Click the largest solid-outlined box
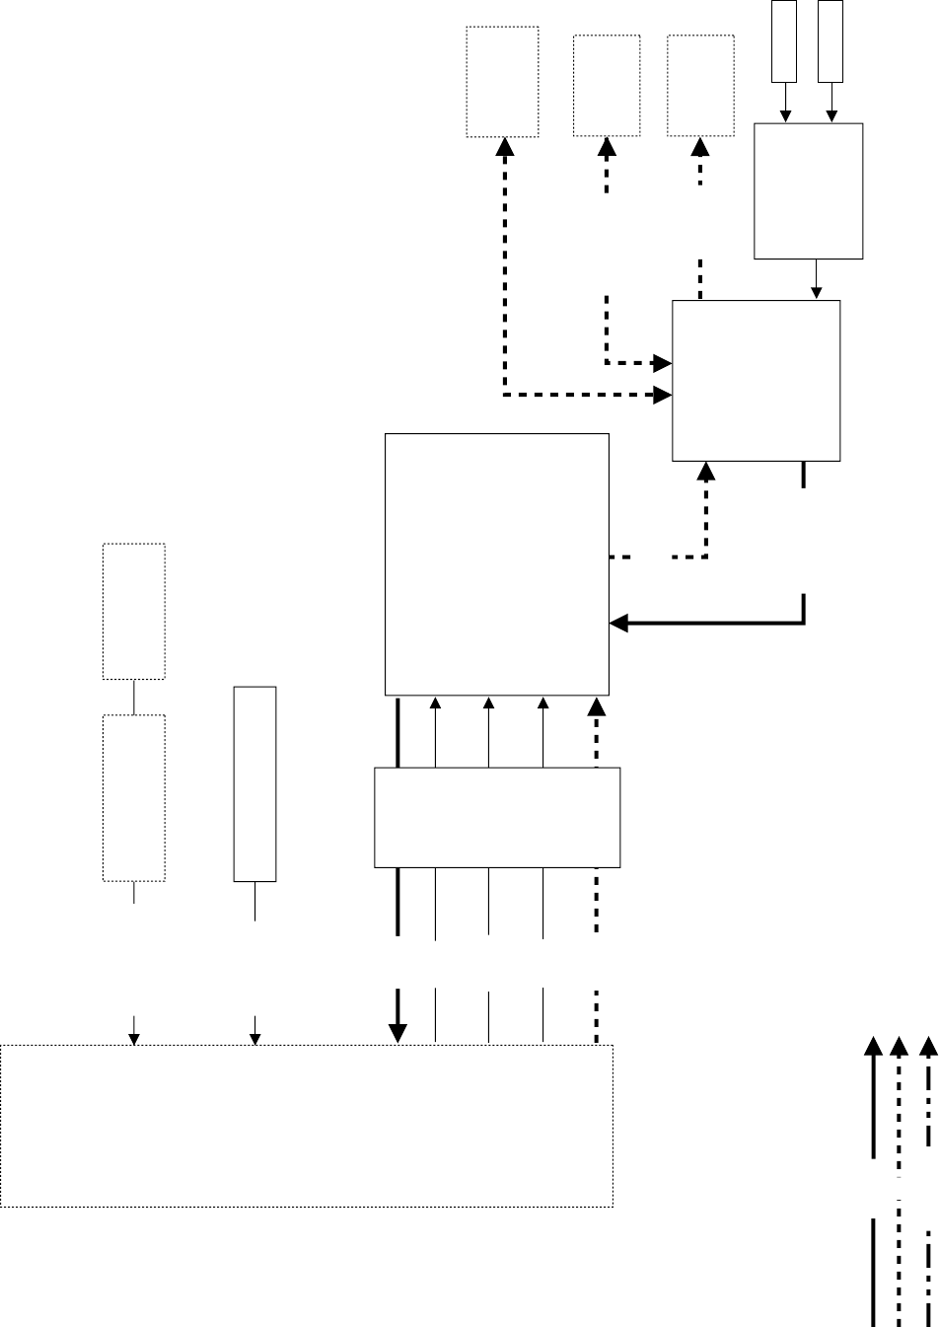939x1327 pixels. point(496,563)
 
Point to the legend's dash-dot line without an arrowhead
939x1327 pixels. point(928,1273)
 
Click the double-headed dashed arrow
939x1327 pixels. point(505,296)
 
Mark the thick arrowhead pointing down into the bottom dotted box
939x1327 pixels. point(397,1032)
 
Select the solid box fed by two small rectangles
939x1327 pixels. point(809,190)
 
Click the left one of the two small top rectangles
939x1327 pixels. point(784,40)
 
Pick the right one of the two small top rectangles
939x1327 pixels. point(831,40)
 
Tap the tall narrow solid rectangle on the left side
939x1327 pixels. point(254,782)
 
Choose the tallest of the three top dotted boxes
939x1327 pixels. point(502,81)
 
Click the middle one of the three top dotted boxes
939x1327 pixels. point(607,85)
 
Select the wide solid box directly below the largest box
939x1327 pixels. point(497,817)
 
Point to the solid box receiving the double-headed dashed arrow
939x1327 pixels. point(756,380)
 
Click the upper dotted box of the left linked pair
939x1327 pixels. point(134,610)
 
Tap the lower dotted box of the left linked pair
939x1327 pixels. point(134,797)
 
